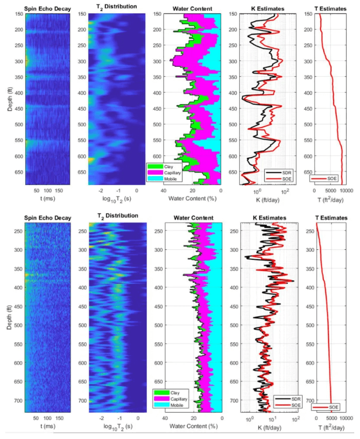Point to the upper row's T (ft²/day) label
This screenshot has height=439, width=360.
(x=331, y=200)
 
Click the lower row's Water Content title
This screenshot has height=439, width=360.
(x=194, y=216)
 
